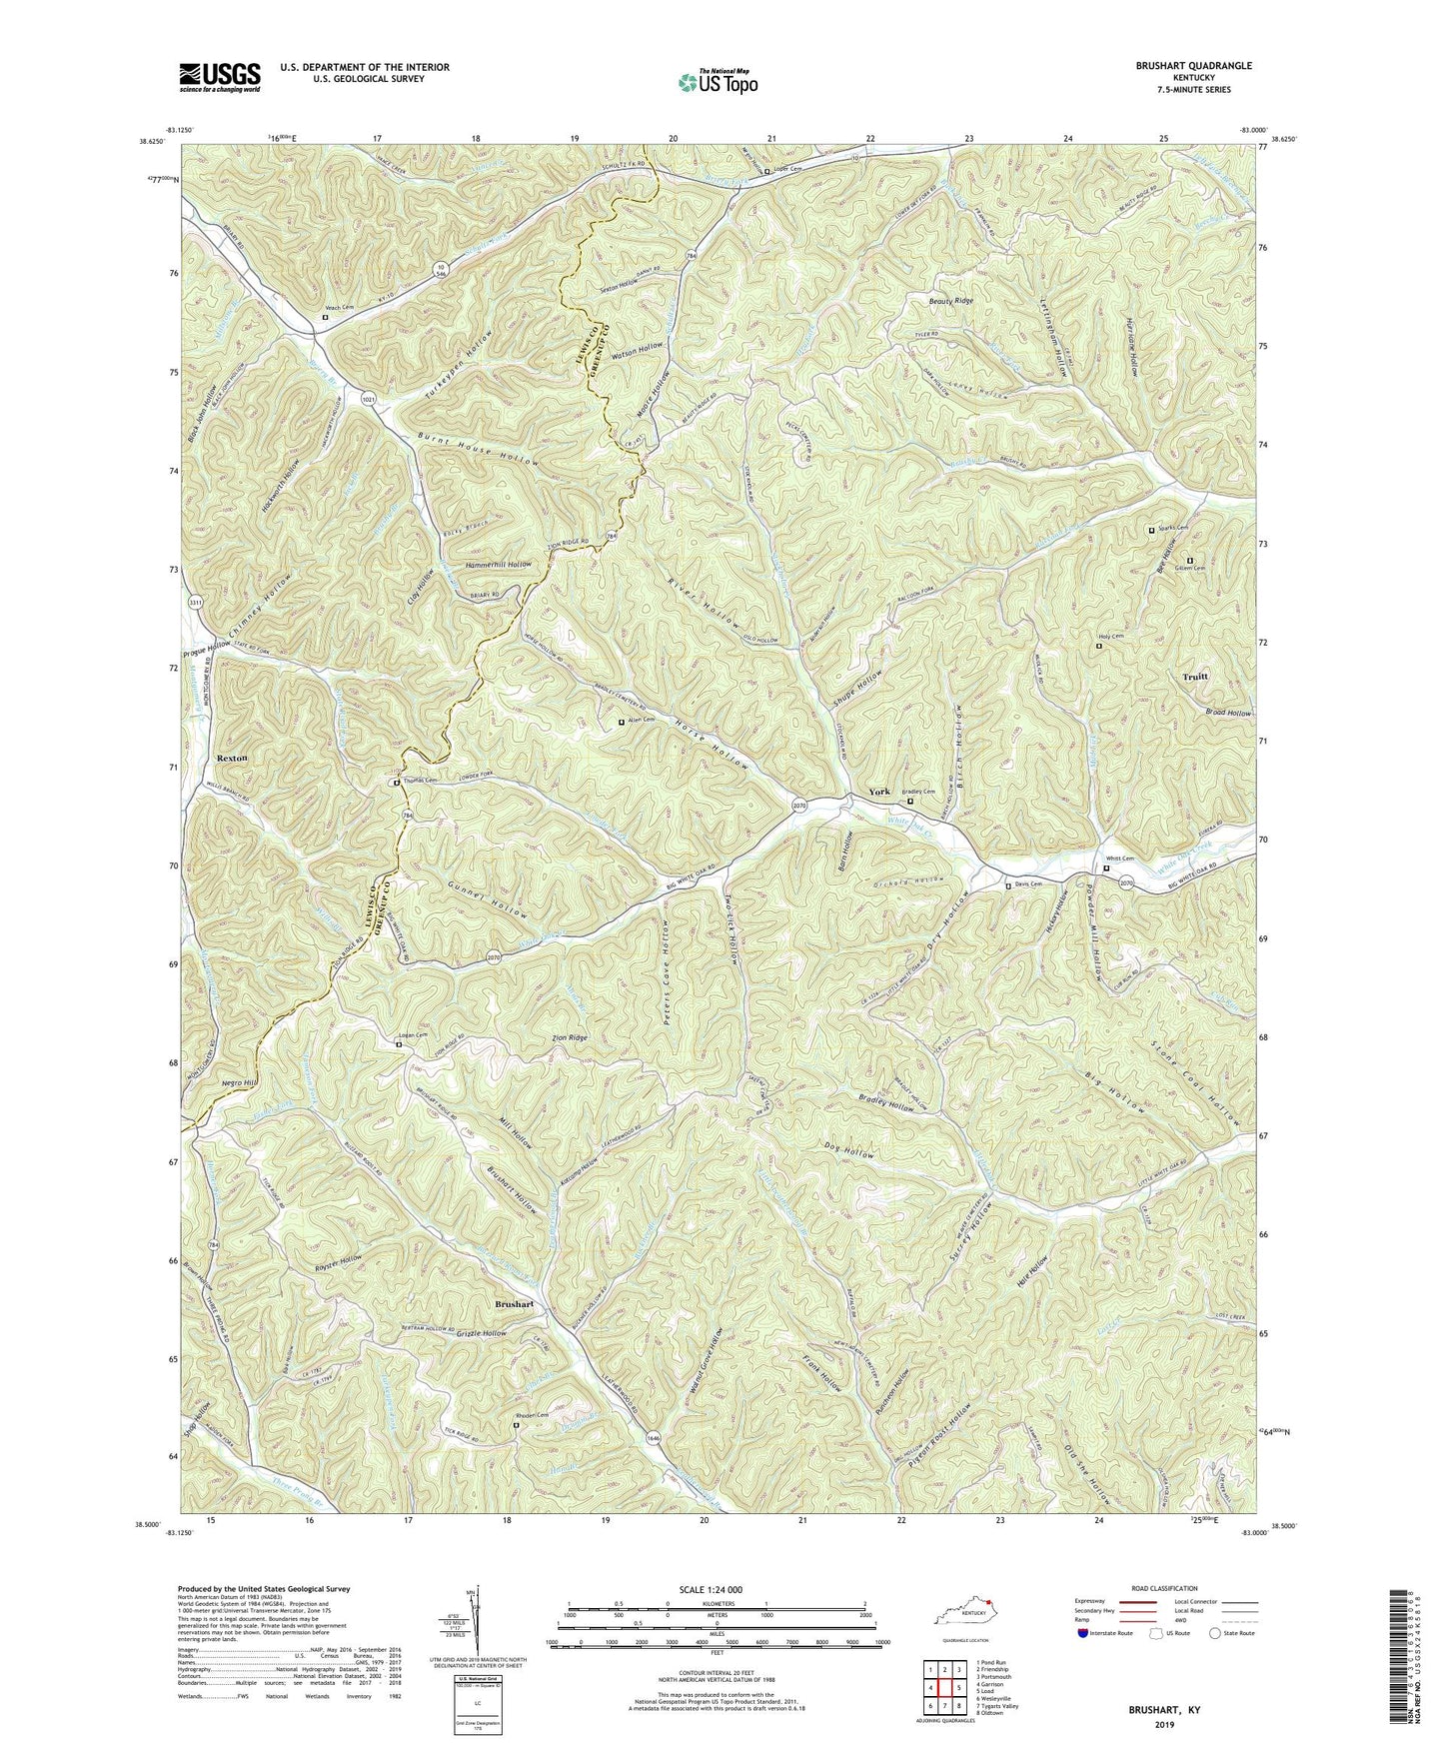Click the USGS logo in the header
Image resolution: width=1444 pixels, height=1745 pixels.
219,76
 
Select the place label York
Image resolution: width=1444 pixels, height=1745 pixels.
879,792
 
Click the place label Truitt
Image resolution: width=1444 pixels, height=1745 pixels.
1194,677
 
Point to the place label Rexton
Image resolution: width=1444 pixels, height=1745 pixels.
232,759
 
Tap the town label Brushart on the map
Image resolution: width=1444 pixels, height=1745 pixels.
515,1305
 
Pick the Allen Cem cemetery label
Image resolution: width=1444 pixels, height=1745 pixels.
641,720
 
